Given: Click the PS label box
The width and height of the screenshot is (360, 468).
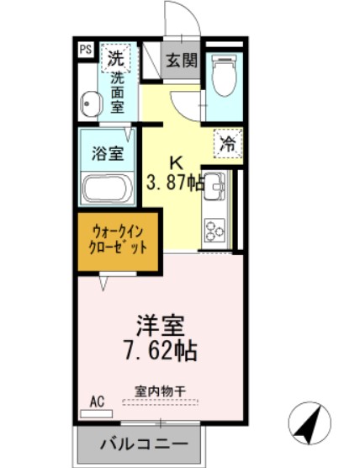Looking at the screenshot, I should point(86,50).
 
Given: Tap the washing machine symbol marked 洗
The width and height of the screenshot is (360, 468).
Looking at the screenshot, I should point(114,58).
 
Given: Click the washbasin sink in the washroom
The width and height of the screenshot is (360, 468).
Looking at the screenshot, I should point(90,105).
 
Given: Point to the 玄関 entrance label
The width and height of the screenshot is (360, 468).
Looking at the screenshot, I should point(181,61).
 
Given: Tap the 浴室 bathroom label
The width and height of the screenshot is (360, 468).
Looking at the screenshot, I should point(108,154).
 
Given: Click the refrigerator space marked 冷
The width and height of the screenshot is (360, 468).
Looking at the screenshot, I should point(227,143).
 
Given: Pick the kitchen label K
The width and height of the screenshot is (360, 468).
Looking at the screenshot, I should point(177,162).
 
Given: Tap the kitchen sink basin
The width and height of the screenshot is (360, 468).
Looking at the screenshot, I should point(214,183).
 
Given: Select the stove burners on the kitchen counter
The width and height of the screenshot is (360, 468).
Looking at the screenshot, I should point(214,230).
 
